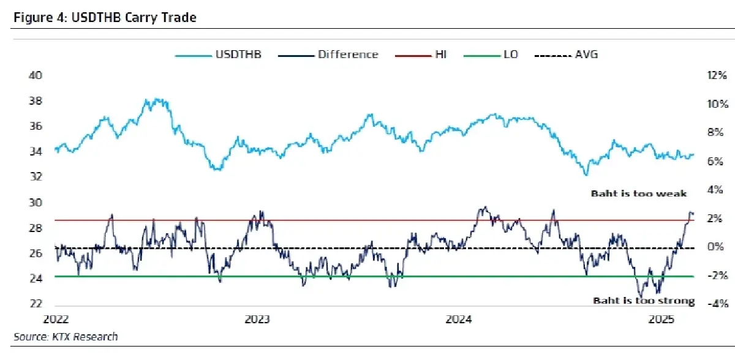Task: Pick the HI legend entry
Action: [440, 54]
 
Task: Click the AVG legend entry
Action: [586, 54]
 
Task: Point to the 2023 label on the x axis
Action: [258, 319]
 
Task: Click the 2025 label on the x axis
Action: [661, 319]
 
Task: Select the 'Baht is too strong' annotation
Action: [644, 301]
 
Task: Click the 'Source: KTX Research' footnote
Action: [66, 337]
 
